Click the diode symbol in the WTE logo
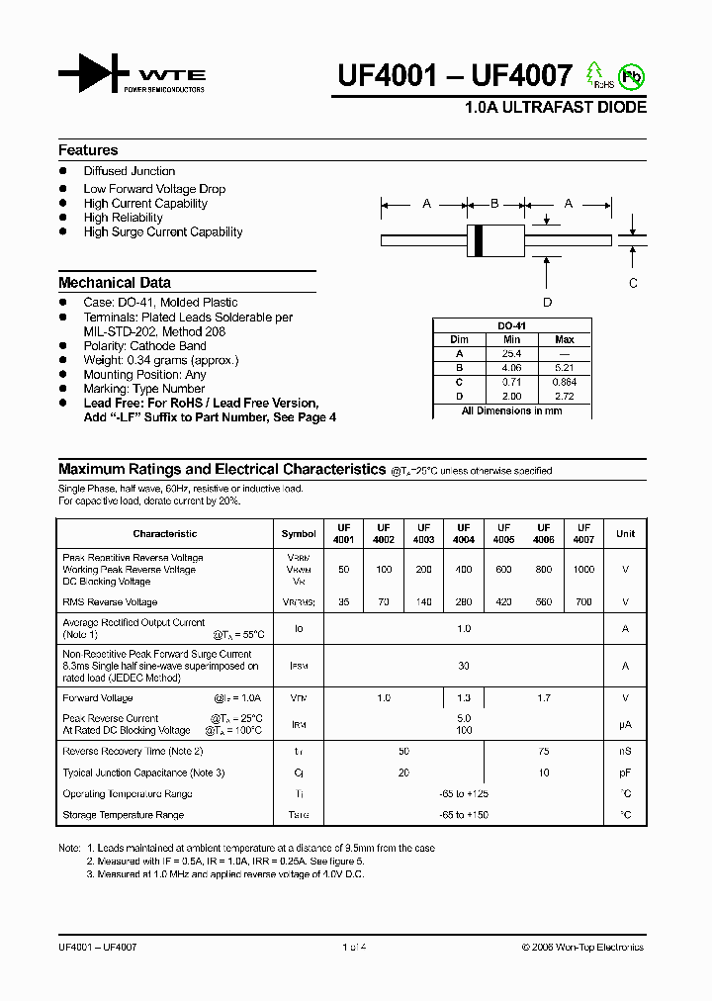tap(94, 74)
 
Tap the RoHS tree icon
tap(595, 74)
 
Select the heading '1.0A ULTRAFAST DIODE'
tap(556, 107)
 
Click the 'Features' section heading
tap(88, 150)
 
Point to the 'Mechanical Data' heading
tap(115, 282)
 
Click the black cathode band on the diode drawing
tap(480, 239)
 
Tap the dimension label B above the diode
tap(494, 204)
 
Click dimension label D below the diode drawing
tap(547, 303)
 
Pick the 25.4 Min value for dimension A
tap(512, 353)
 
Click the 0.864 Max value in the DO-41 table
tap(565, 381)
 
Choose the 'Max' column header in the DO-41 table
tap(565, 339)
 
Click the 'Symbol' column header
tap(299, 534)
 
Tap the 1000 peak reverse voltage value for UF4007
tap(584, 570)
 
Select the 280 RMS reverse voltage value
tap(464, 601)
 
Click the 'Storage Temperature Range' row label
tap(124, 815)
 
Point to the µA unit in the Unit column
tap(625, 724)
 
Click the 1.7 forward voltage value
tap(544, 698)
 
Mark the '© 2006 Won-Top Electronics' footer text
tap(582, 947)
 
